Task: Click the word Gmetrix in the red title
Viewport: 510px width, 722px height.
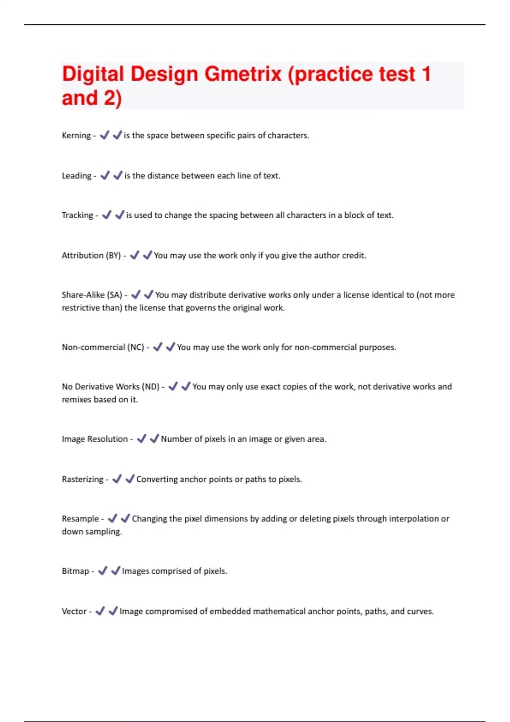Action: coord(243,74)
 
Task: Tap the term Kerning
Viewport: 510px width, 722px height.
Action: coord(76,135)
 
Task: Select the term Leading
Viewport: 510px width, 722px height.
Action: coord(76,176)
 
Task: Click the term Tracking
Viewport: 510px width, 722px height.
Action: coord(77,215)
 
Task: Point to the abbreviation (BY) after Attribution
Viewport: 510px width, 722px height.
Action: coord(113,256)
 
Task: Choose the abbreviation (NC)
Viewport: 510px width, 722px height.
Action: coord(136,347)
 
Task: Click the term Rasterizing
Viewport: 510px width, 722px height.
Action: coord(82,479)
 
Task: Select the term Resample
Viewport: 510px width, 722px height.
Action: coord(80,519)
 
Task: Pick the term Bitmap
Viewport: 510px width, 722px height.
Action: coord(75,571)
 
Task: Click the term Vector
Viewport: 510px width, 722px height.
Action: coord(74,612)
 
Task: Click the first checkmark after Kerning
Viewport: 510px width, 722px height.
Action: coord(105,135)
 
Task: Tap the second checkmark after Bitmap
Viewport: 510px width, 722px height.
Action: coord(116,571)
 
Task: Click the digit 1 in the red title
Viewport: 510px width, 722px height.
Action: coord(426,74)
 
